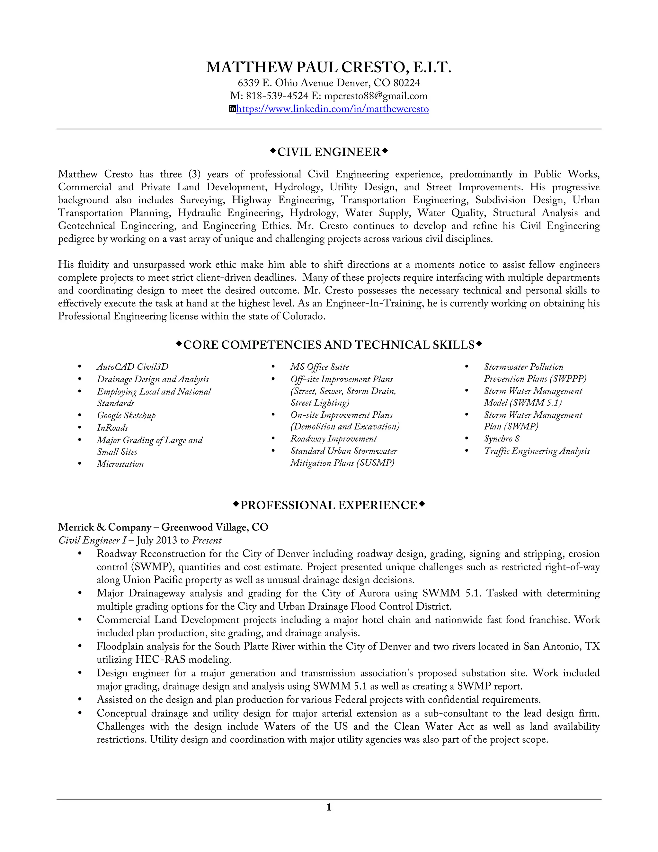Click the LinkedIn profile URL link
click(332, 109)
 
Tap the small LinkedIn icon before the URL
click(232, 109)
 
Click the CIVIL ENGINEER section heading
click(329, 152)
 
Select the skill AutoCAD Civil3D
click(133, 367)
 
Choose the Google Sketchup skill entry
click(126, 415)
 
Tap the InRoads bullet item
click(112, 428)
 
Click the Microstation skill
click(120, 464)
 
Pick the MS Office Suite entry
click(319, 367)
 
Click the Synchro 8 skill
click(501, 439)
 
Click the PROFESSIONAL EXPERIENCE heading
click(329, 506)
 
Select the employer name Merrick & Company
click(104, 527)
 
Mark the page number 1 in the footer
click(329, 808)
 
